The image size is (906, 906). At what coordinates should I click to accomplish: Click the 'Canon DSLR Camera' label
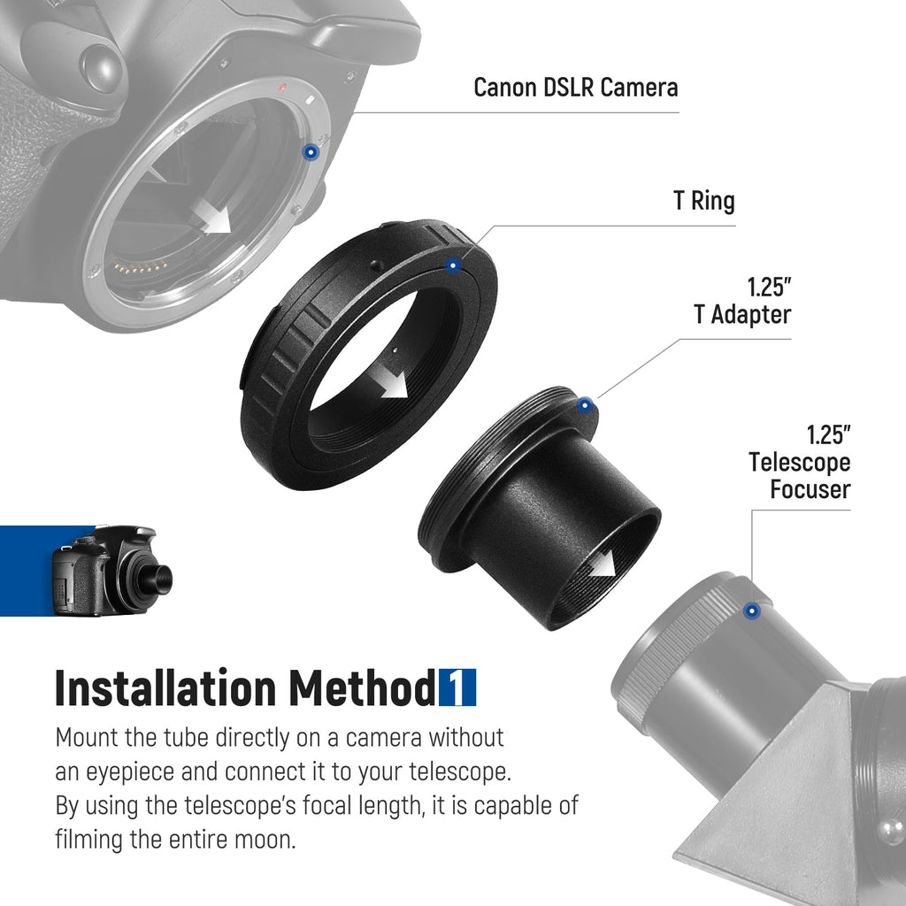[575, 88]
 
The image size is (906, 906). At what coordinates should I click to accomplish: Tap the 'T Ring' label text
[703, 201]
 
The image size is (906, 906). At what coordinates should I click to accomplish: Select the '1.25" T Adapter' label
[742, 301]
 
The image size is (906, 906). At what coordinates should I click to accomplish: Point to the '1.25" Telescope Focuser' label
[800, 462]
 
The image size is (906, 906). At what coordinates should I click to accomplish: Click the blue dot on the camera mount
[311, 152]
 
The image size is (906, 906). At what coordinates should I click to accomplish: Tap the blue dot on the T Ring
[453, 265]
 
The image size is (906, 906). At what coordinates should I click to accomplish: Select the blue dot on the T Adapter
[585, 405]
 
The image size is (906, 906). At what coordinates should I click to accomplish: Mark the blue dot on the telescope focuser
[751, 610]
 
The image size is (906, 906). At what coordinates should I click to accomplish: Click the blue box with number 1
[457, 687]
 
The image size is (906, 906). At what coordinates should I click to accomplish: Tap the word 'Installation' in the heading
[165, 687]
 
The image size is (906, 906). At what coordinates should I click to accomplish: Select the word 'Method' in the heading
[362, 687]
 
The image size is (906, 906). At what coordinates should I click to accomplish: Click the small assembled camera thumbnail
[111, 571]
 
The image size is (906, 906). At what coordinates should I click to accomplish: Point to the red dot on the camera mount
[282, 88]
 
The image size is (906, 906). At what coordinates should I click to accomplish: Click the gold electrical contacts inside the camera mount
[140, 267]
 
